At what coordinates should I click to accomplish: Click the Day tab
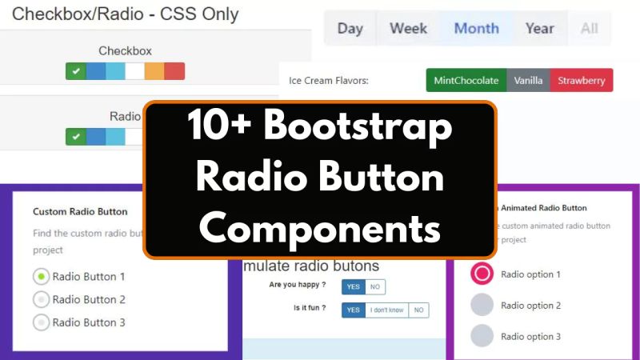click(350, 29)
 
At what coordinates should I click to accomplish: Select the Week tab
click(408, 29)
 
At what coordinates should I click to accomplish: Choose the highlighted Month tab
click(476, 29)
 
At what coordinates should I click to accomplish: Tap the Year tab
click(540, 29)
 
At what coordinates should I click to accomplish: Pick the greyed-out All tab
click(590, 29)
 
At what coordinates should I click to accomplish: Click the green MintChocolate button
click(466, 81)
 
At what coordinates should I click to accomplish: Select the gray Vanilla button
click(528, 81)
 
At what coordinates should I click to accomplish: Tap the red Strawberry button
click(582, 81)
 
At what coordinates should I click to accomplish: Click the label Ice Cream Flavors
click(334, 81)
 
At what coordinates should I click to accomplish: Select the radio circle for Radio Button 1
click(41, 277)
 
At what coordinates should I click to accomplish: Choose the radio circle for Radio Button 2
click(41, 300)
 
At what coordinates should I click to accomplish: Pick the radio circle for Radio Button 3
click(41, 322)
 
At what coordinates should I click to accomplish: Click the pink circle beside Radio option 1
click(482, 274)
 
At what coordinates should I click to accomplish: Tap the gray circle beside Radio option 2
click(482, 306)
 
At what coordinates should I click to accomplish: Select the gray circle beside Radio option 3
click(482, 336)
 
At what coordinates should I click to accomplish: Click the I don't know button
click(386, 310)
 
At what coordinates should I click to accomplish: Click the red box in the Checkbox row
click(174, 71)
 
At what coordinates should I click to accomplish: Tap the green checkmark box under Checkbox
click(75, 71)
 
